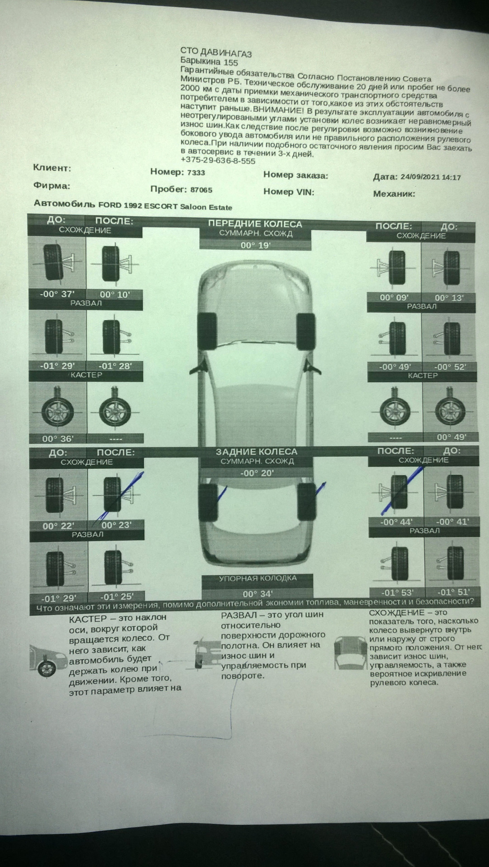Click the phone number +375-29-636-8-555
(217, 160)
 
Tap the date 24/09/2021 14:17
(430, 177)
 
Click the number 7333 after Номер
(196, 172)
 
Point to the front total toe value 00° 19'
(255, 246)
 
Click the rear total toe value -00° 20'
(257, 473)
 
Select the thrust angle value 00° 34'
(257, 594)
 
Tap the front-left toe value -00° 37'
(57, 294)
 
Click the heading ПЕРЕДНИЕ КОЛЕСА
(255, 224)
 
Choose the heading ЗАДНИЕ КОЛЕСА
(256, 452)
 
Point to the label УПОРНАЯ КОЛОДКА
(258, 578)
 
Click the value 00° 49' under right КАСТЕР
(451, 437)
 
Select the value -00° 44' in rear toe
(396, 522)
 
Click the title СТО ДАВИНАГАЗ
(216, 53)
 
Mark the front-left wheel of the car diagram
(208, 330)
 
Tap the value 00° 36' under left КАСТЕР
(57, 438)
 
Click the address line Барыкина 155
(209, 61)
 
